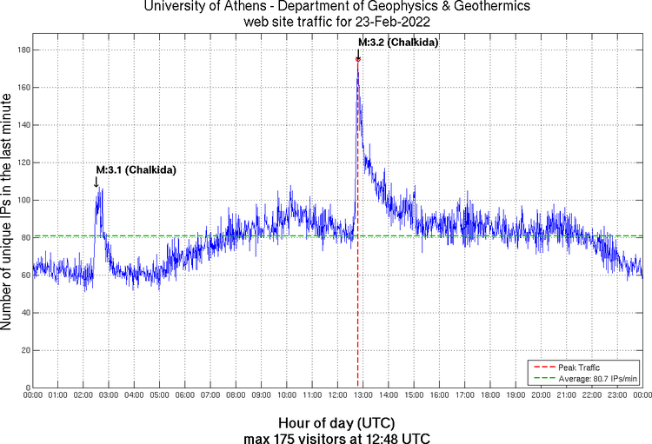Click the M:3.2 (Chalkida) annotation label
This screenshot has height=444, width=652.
coord(398,42)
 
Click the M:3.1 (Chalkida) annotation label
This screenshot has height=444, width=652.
coord(136,170)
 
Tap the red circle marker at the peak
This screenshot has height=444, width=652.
coord(358,59)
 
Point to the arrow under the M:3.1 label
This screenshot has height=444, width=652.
coord(96,182)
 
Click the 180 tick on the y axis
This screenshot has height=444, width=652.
coord(23,50)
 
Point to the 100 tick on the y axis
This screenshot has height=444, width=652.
coord(23,200)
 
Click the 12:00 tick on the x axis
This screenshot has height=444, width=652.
coord(337,395)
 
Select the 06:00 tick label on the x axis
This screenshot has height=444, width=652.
coord(185,395)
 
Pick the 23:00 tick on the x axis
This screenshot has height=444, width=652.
coord(616,395)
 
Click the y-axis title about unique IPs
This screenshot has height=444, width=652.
coord(8,214)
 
